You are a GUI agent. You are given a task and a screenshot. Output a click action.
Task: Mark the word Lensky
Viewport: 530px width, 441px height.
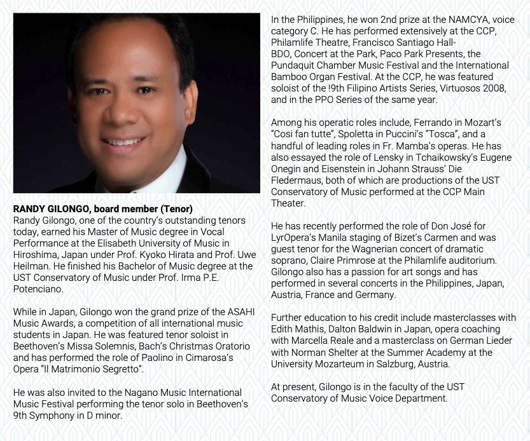[x=373, y=157]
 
